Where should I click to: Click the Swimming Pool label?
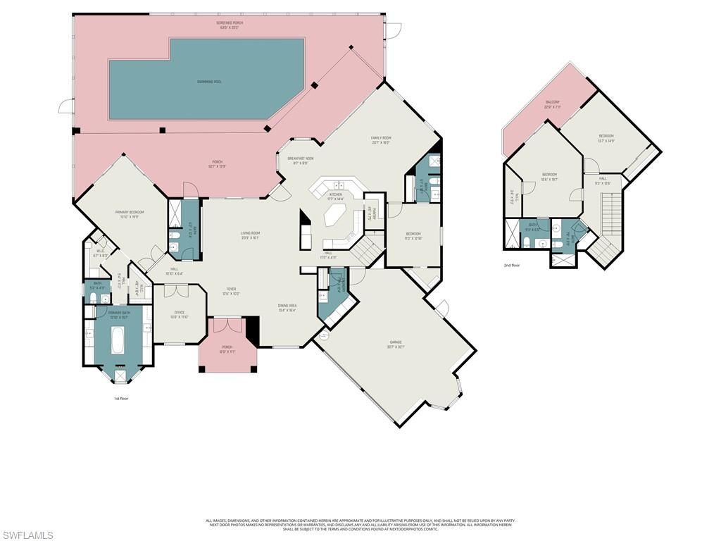pyautogui.click(x=209, y=82)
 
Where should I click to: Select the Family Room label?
pyautogui.click(x=381, y=139)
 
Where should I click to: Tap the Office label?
pyautogui.click(x=180, y=314)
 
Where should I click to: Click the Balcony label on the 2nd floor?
pyautogui.click(x=553, y=105)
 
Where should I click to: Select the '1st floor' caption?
pyautogui.click(x=120, y=398)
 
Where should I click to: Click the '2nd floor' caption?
pyautogui.click(x=512, y=266)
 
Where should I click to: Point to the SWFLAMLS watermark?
pyautogui.click(x=27, y=535)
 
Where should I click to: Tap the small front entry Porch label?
pyautogui.click(x=227, y=349)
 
